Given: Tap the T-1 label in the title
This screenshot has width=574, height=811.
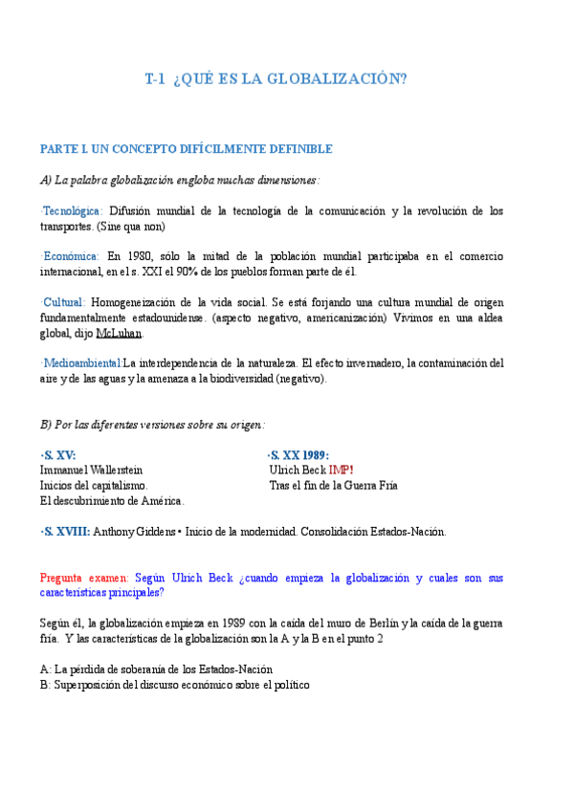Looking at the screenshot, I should [x=156, y=79].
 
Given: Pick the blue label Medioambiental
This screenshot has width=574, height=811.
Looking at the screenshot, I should [x=81, y=363].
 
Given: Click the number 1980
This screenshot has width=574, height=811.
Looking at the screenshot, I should [x=139, y=256].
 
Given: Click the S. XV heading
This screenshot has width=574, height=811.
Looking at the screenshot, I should [x=58, y=455].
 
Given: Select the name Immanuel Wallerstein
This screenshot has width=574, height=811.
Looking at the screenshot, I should [x=91, y=471].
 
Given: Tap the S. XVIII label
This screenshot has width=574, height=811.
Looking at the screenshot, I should [x=66, y=532].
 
